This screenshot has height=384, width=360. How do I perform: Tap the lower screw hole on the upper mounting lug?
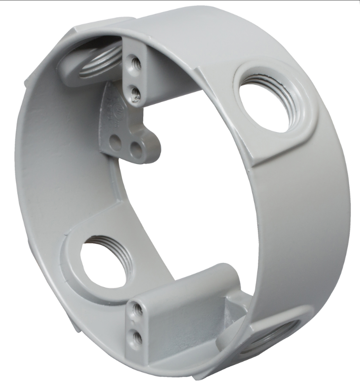(135, 90)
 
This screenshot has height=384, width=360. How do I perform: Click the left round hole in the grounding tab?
(116, 142)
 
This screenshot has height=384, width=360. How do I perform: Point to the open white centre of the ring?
(191, 191)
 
